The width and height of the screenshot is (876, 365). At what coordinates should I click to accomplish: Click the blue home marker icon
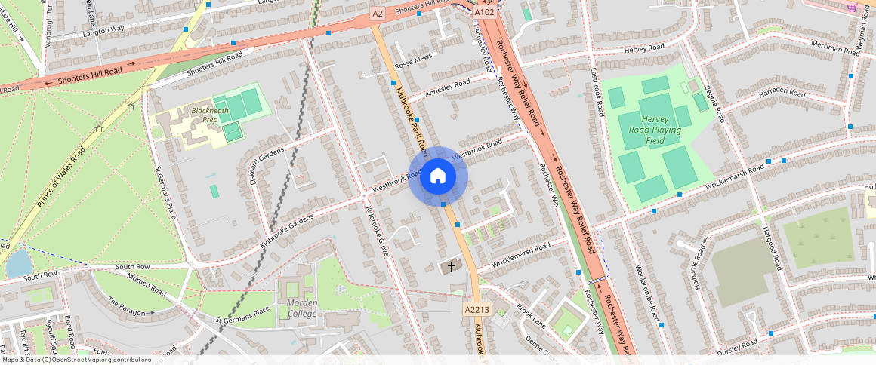point(438,176)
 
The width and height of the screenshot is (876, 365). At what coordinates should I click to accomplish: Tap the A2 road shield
point(378,14)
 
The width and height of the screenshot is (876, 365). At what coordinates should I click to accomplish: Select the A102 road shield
point(484,13)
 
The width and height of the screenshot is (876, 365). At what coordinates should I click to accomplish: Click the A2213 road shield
point(477,309)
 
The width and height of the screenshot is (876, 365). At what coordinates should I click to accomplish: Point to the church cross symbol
point(452,266)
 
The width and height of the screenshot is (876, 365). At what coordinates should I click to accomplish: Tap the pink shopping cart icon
point(852,8)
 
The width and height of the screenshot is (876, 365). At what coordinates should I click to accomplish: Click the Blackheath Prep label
point(205,115)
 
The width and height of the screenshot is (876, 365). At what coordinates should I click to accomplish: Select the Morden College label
point(302,308)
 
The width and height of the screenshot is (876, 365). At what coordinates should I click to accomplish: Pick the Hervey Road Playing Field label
point(655,130)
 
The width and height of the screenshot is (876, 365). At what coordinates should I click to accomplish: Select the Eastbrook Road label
point(597,90)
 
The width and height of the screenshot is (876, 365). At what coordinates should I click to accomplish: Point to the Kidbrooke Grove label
point(377,229)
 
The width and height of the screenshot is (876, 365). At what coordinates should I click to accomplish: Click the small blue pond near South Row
point(18,262)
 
